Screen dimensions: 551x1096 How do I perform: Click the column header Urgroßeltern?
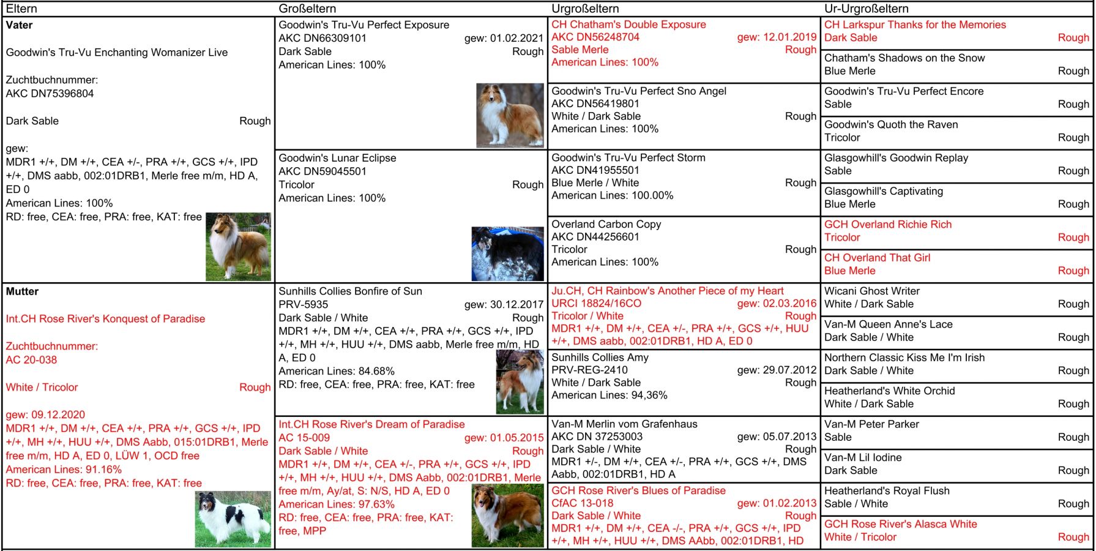[585, 9]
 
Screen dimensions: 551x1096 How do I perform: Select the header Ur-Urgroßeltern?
[866, 9]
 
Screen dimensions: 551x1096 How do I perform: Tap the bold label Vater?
[19, 25]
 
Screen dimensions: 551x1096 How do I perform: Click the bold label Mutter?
[22, 291]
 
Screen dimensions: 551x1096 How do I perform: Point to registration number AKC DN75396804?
[50, 94]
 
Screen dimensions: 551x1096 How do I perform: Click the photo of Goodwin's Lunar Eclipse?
[507, 253]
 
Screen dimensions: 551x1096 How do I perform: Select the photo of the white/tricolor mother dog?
[233, 519]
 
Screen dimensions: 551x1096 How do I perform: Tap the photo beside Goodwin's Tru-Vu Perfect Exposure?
[510, 115]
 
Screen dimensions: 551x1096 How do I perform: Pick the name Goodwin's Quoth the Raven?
[890, 125]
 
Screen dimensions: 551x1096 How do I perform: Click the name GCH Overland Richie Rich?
[887, 225]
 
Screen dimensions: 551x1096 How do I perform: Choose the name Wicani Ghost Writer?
[871, 291]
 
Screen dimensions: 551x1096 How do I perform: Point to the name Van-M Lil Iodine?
[862, 458]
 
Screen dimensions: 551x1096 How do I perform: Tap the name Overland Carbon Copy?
[606, 224]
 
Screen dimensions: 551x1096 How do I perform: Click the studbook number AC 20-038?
[31, 360]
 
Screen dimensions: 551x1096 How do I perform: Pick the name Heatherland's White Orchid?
[889, 391]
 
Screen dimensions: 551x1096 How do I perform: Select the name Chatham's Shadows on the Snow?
[904, 58]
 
